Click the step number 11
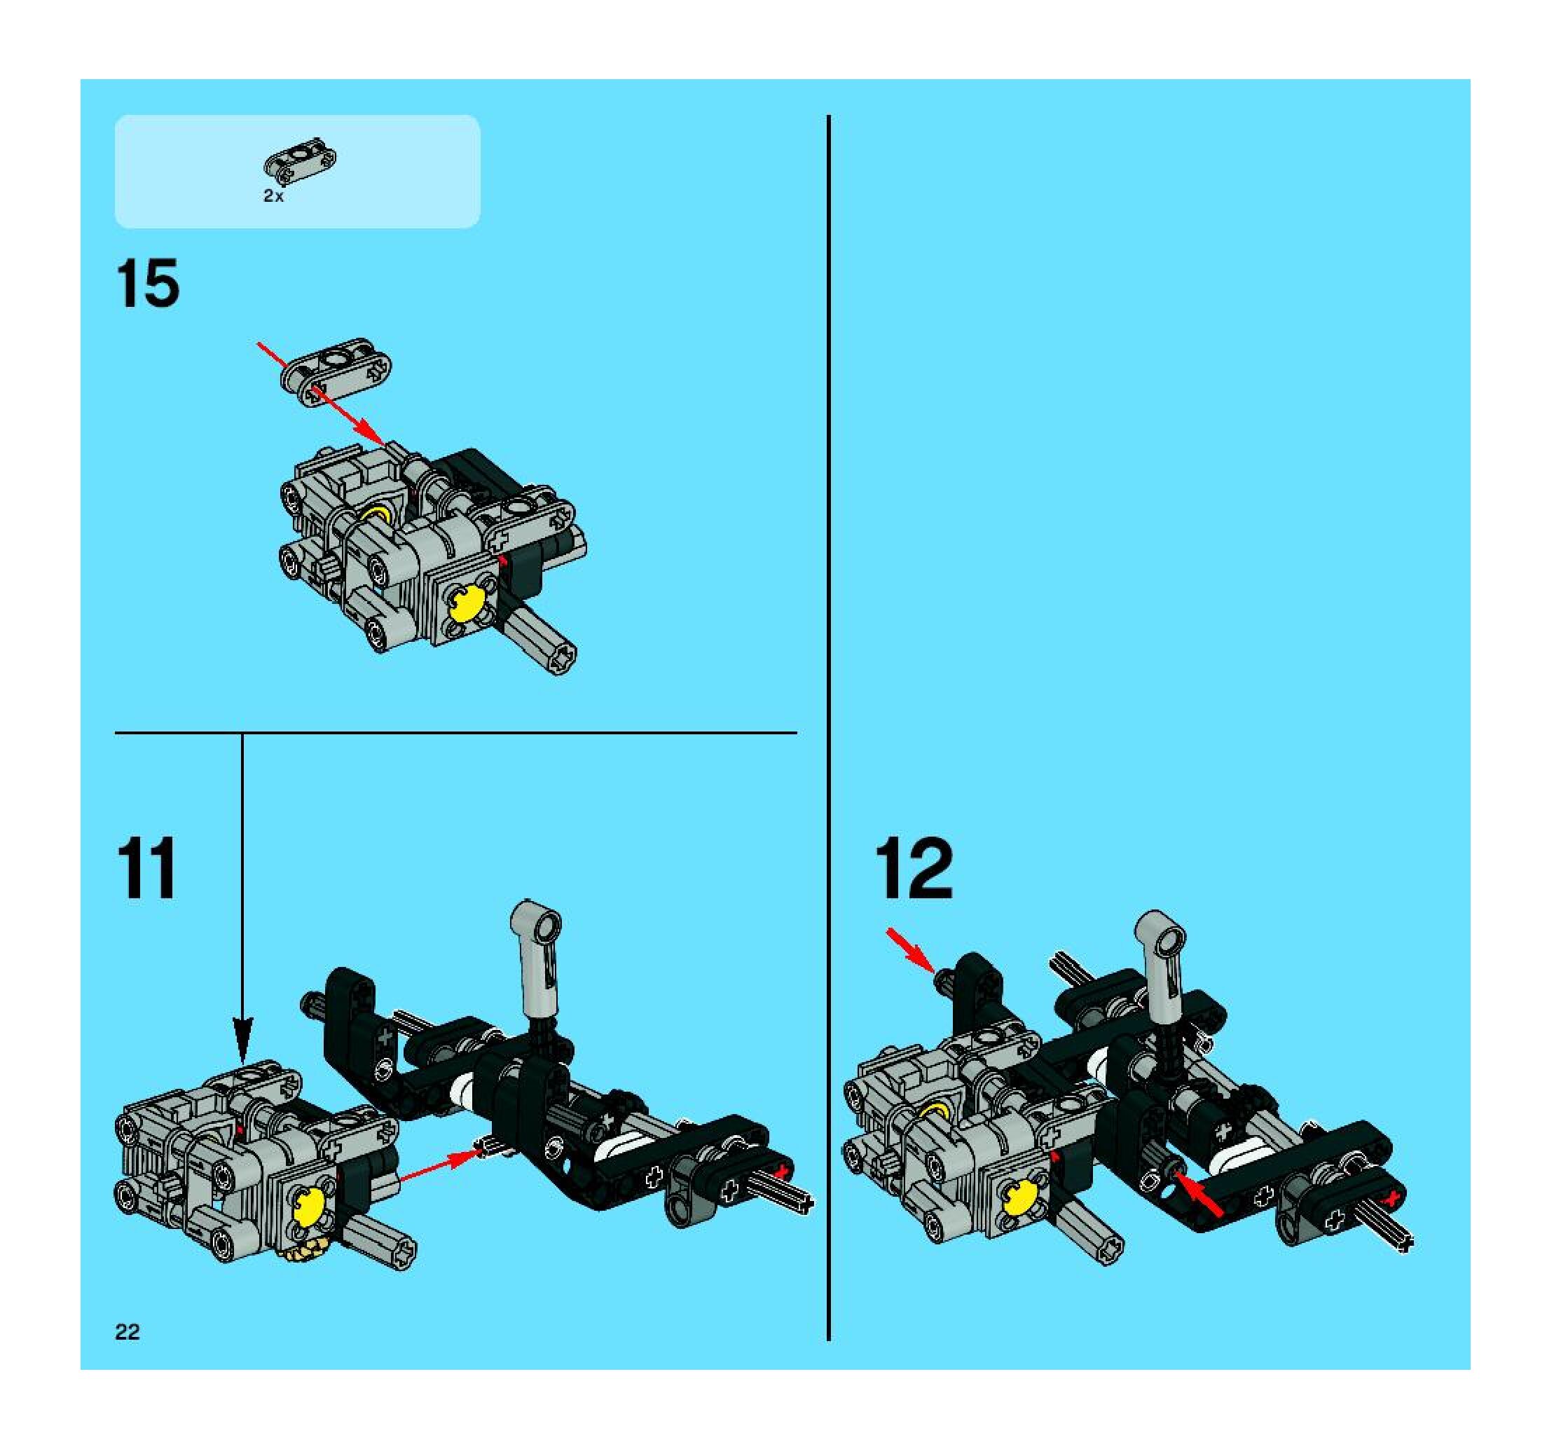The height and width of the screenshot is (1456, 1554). point(146,868)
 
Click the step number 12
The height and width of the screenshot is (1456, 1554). point(914,868)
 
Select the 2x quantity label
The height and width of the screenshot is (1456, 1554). point(273,196)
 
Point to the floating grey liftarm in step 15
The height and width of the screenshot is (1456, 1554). point(336,371)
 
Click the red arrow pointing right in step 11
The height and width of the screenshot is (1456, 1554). point(439,1163)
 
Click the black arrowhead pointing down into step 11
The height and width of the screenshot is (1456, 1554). point(242,1029)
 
